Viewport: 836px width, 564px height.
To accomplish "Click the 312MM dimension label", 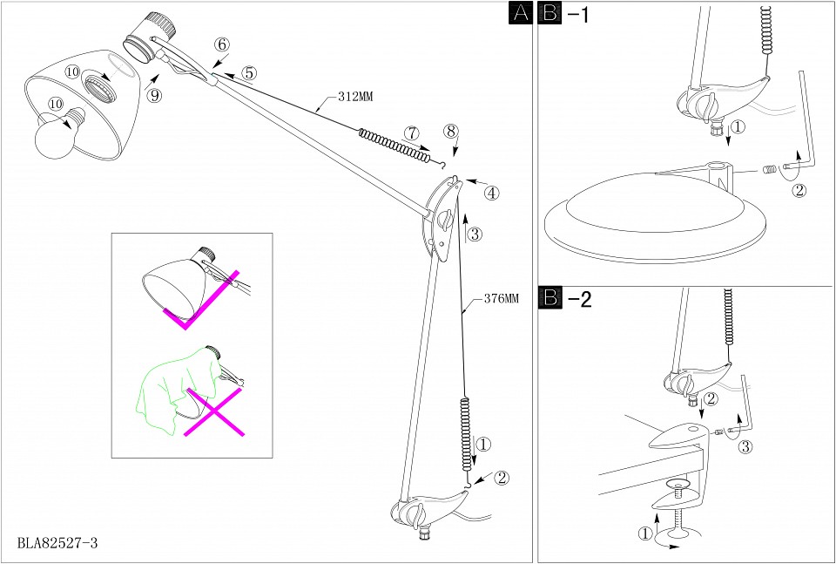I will pyautogui.click(x=355, y=98).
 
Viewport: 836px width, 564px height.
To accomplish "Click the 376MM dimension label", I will pyautogui.click(x=500, y=298).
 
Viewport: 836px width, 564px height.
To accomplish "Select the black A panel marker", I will pyautogui.click(x=519, y=13).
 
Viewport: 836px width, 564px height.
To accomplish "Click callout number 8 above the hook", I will pyautogui.click(x=450, y=131).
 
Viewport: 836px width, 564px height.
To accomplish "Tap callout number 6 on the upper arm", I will pyautogui.click(x=221, y=44).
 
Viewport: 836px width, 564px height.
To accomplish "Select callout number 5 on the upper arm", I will pyautogui.click(x=249, y=73).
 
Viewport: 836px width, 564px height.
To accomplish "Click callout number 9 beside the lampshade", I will pyautogui.click(x=154, y=96).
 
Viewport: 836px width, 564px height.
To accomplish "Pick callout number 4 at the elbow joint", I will pyautogui.click(x=492, y=193).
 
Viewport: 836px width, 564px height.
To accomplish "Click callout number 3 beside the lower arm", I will pyautogui.click(x=475, y=234).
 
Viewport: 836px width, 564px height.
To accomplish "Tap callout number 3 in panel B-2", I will pyautogui.click(x=745, y=448).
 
